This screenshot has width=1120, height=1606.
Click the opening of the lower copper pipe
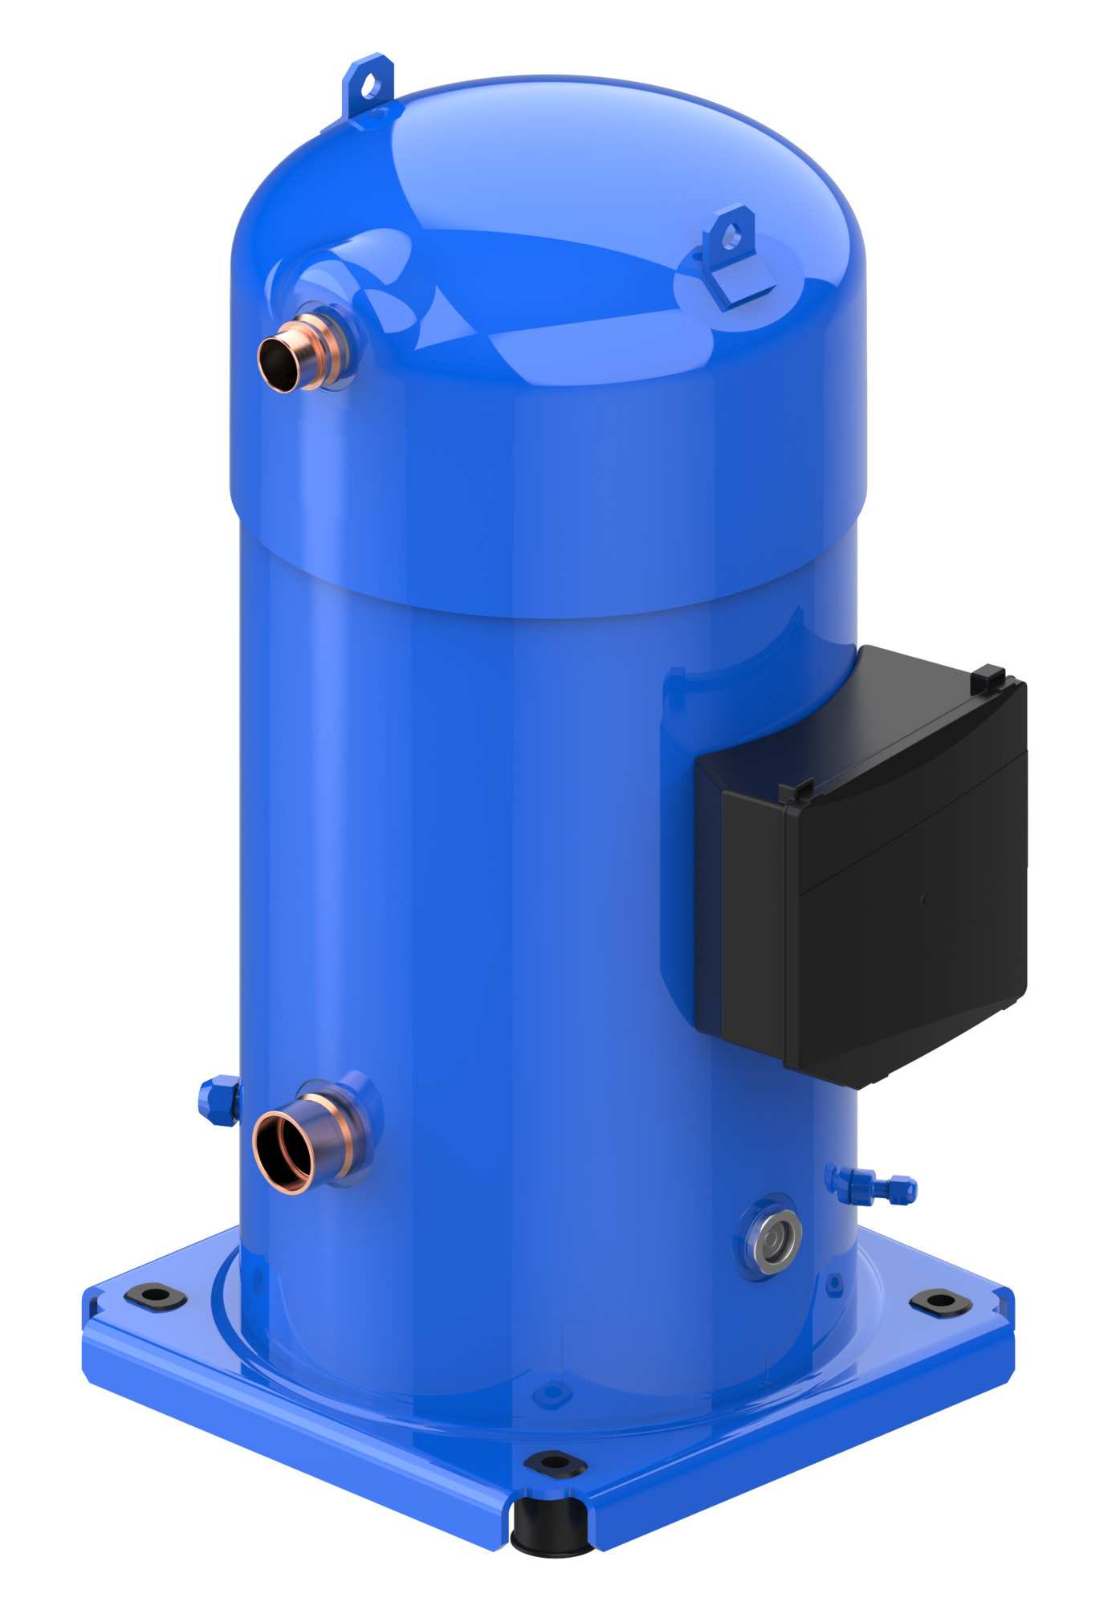point(283,1150)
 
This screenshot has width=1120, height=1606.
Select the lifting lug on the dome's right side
point(732,257)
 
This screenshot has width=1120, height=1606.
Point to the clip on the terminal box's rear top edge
point(990,679)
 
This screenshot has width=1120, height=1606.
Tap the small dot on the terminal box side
point(922,900)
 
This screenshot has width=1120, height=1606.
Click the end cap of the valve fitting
point(907,1189)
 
